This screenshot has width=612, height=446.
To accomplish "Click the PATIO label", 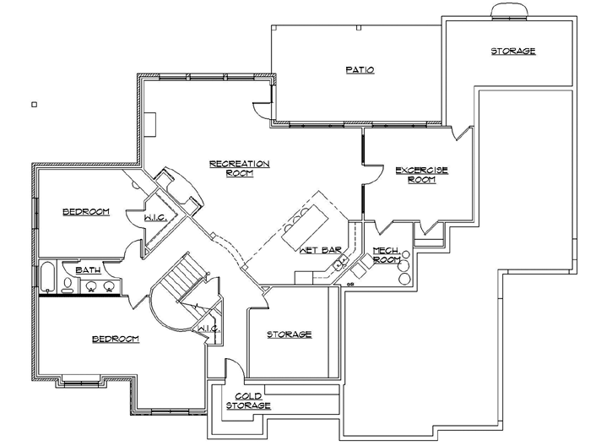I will (x=360, y=69).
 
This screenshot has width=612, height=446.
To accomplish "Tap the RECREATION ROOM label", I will (x=239, y=168).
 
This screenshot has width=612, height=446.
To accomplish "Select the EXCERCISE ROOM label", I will (x=421, y=174).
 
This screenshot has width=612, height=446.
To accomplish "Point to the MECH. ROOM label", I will (x=386, y=255).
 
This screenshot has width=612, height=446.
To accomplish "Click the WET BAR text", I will (x=320, y=250).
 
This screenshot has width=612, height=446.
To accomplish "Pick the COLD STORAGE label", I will (x=248, y=400).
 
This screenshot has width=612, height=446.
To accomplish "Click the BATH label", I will (x=88, y=270).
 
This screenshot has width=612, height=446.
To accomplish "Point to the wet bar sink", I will (x=340, y=265).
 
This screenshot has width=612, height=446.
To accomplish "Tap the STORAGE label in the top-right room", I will (x=513, y=52).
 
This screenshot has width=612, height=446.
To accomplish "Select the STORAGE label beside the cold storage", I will (x=290, y=334).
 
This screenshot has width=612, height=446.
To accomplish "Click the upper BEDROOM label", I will (x=86, y=211).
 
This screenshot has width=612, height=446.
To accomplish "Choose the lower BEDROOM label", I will (x=115, y=339).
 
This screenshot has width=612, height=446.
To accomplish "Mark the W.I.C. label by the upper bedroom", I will (x=154, y=217).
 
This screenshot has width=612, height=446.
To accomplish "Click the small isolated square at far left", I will (x=34, y=105).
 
